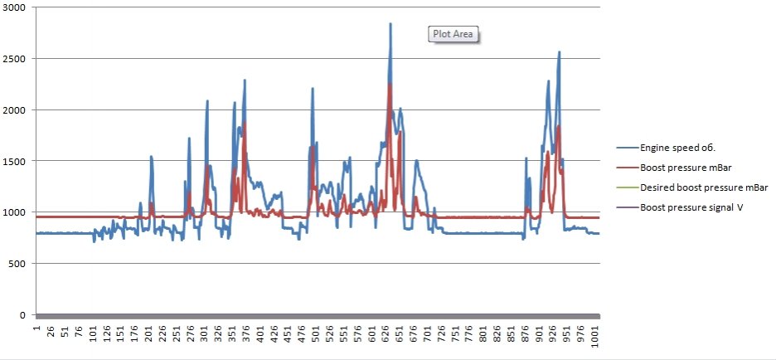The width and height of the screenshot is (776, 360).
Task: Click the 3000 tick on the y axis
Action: coord(16,7)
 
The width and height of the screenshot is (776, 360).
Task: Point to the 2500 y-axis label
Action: coord(16,59)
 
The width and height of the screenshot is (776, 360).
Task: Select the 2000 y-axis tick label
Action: coord(16,110)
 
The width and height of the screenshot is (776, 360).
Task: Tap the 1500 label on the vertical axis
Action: coord(16,161)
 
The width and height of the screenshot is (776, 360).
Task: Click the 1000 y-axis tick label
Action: coord(16,212)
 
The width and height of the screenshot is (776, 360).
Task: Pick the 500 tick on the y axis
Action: coord(19,264)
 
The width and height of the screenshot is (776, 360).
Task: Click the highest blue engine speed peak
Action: coord(390,24)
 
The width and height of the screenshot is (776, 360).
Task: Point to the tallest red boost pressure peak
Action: coord(390,85)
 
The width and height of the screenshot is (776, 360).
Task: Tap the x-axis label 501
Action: coord(316,334)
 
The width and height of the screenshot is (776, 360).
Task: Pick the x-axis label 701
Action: coord(427,334)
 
